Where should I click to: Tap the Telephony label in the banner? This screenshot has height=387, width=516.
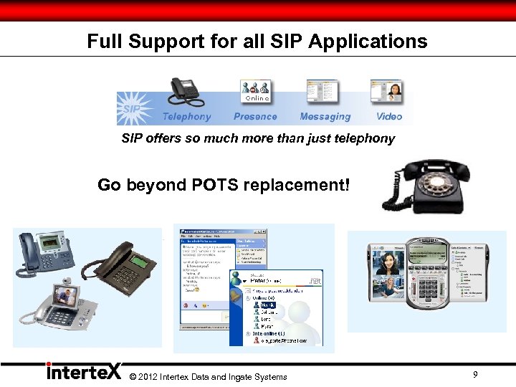(186, 117)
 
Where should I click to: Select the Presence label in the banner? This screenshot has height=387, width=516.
(255, 117)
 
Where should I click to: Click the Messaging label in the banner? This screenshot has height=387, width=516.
(325, 117)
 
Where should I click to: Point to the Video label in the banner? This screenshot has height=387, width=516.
(389, 116)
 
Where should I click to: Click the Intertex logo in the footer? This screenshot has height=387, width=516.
(83, 372)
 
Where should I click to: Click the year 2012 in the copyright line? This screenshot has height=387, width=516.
(147, 377)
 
